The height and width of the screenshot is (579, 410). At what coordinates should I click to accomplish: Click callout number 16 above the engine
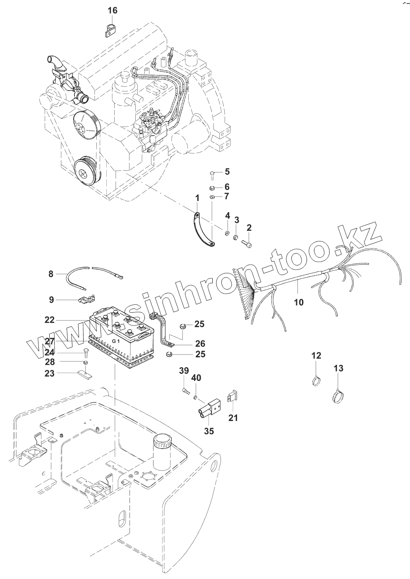(113, 10)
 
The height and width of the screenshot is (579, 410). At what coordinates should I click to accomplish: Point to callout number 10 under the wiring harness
(298, 302)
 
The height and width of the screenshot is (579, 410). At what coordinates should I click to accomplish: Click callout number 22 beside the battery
(50, 320)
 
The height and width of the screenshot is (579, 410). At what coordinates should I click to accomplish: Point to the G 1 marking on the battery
(116, 340)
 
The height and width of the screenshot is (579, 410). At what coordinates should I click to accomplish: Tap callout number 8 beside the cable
(51, 274)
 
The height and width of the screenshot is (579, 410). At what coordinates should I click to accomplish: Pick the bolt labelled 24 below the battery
(86, 352)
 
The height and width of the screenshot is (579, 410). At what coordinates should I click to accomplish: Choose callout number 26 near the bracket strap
(200, 344)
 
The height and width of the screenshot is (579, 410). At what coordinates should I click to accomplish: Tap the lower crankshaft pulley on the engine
(84, 174)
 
